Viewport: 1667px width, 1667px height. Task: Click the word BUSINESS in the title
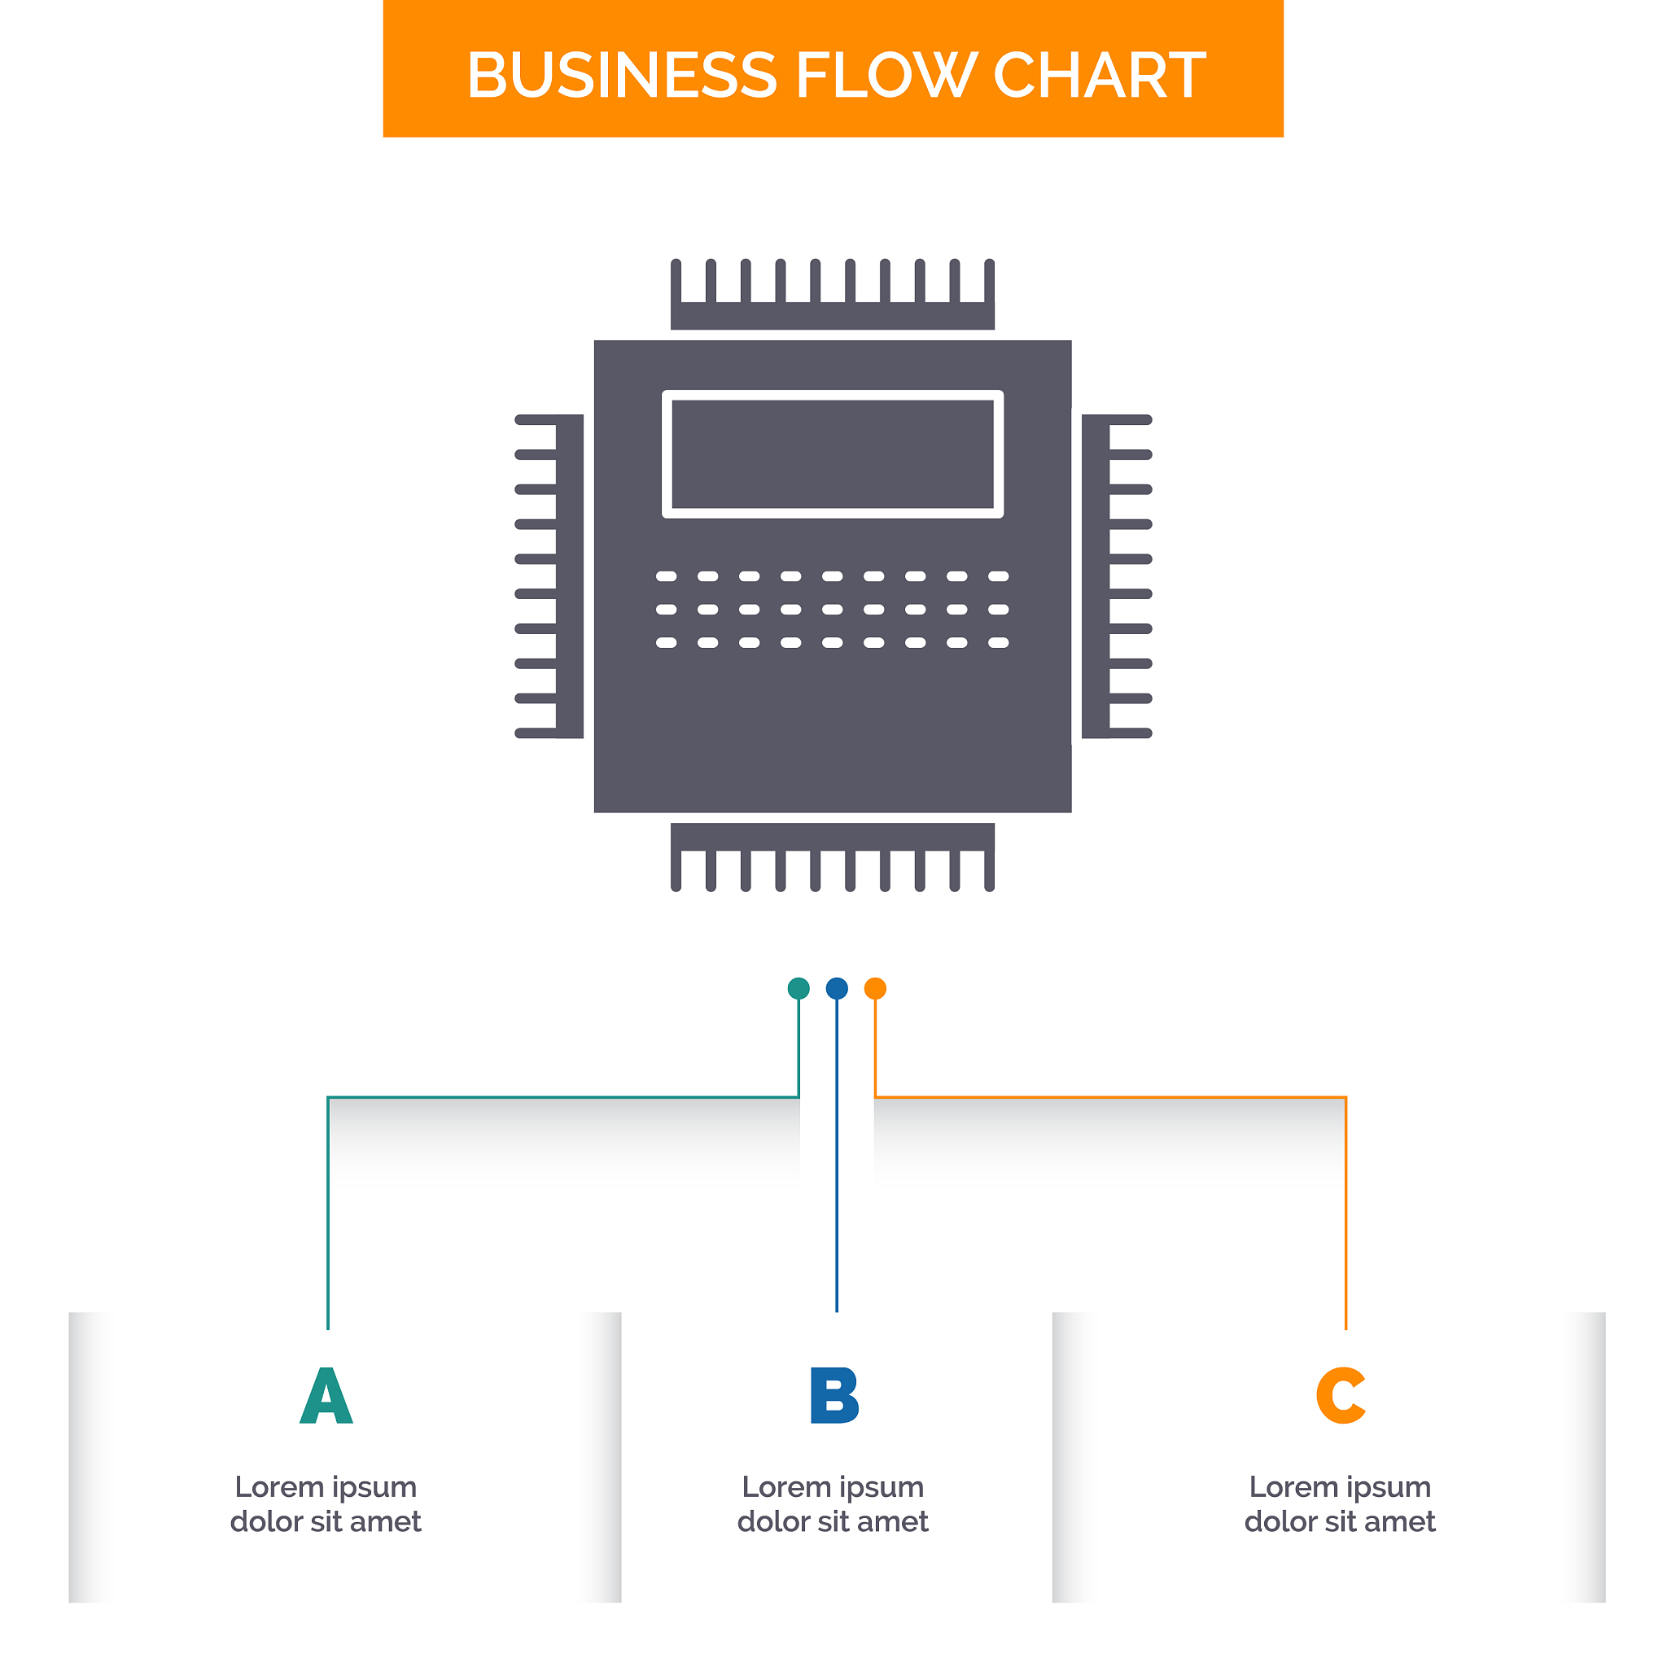(621, 75)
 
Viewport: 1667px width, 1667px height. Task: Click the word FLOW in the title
(886, 75)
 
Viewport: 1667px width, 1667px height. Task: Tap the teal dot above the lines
(799, 988)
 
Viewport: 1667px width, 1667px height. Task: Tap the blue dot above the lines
(837, 988)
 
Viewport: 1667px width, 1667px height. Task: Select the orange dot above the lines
(875, 988)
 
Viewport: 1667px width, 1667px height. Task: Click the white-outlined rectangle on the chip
(833, 454)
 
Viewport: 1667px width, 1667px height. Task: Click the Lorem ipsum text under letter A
(326, 1504)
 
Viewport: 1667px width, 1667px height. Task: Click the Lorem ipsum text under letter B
(833, 1504)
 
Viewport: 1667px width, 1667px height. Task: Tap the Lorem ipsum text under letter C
(1340, 1504)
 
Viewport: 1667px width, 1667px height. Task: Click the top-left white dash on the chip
(666, 576)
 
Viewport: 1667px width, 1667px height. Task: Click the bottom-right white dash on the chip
(998, 643)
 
